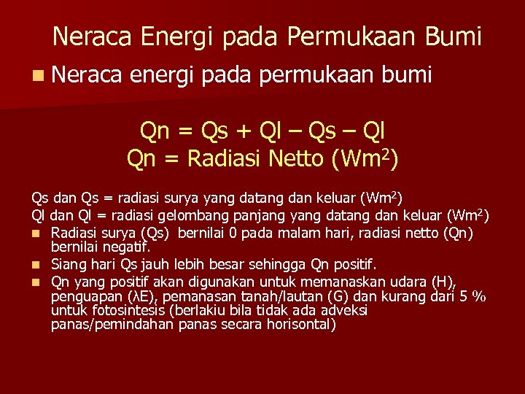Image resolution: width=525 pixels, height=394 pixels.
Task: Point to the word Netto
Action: [294, 158]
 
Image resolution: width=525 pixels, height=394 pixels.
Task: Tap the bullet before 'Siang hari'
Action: [34, 264]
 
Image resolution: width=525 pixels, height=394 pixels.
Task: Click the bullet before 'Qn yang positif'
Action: [34, 282]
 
